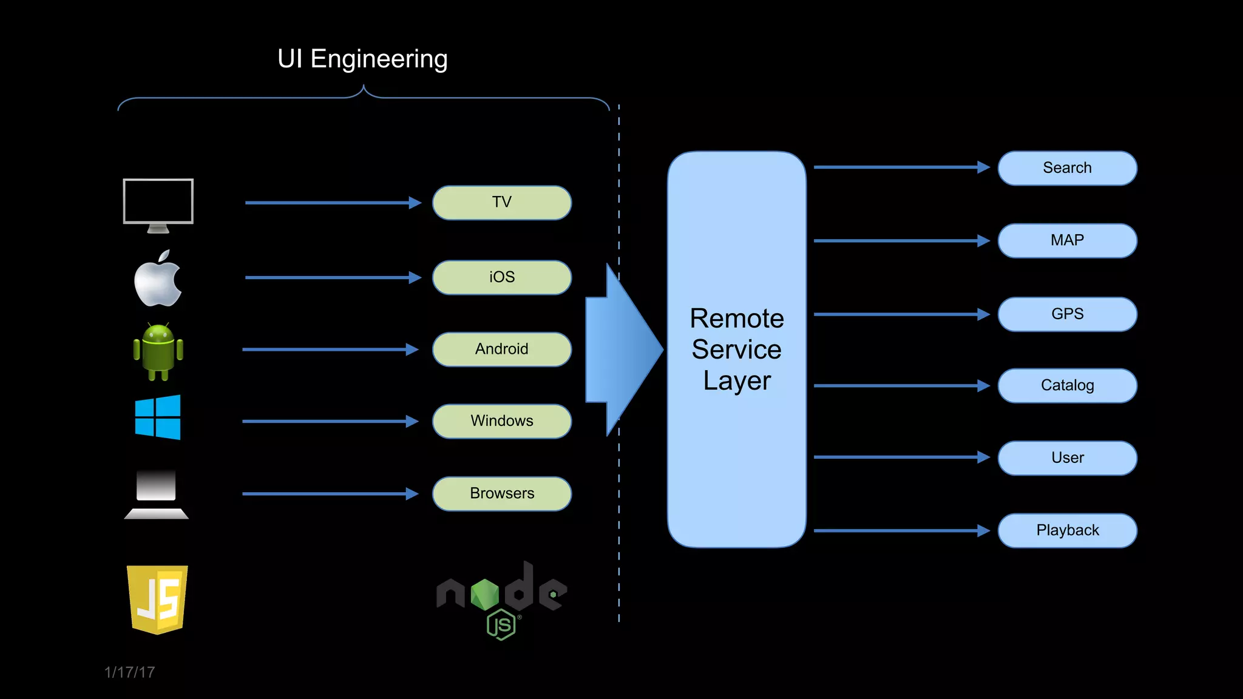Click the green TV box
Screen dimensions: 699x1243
[501, 203]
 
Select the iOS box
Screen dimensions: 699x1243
[501, 277]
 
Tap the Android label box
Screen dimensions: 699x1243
[501, 349]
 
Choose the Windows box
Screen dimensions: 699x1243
[501, 421]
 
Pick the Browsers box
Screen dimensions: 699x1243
[501, 493]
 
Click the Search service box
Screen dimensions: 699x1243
[1067, 168]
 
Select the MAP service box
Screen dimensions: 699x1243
[1067, 240]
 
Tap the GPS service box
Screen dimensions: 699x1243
[1067, 314]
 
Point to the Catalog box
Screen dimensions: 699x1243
[1067, 385]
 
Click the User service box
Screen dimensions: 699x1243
[1067, 458]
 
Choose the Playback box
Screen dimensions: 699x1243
[1067, 530]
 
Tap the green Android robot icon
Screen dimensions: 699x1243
[158, 352]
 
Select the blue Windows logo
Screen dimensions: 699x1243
[158, 417]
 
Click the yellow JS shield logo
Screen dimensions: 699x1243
[157, 599]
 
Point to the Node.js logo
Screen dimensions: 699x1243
[501, 598]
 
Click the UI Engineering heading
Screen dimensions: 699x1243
[362, 59]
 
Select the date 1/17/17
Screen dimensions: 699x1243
[129, 672]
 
